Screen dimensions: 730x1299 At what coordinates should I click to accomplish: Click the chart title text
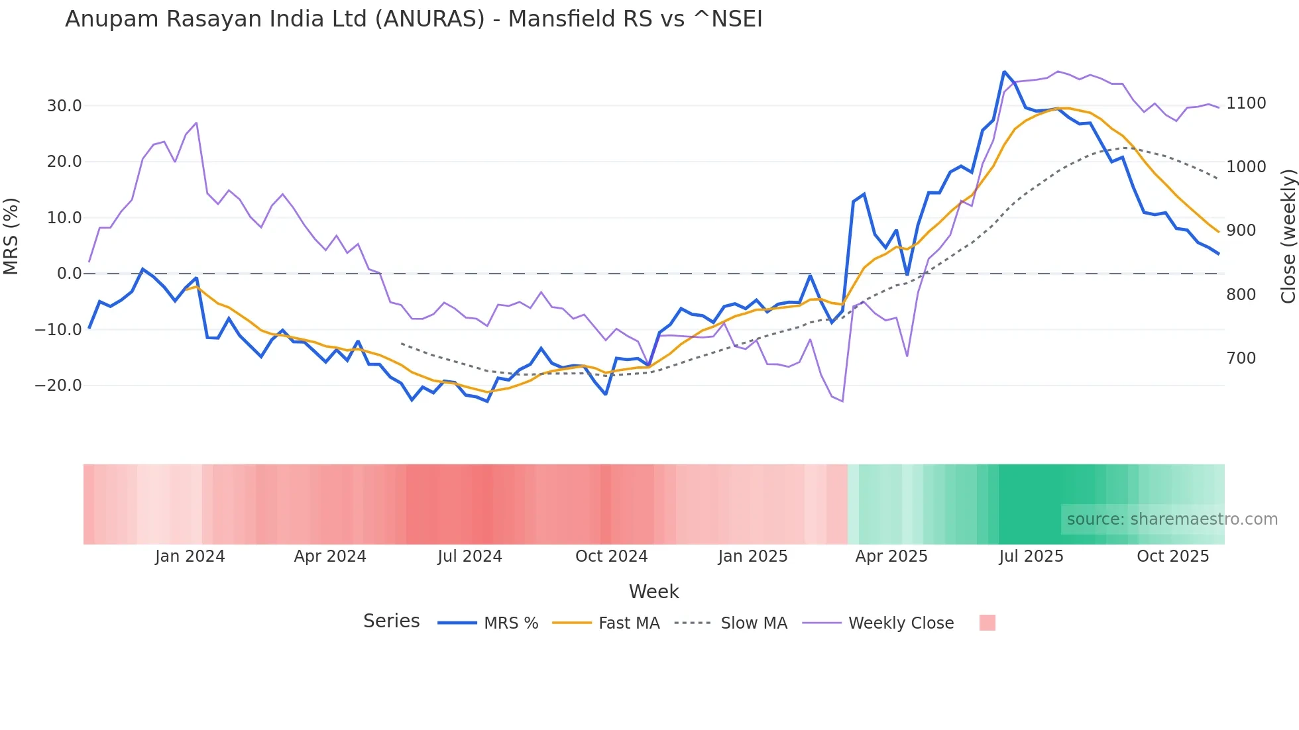coord(414,19)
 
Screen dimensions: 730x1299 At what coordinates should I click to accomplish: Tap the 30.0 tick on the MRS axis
coord(64,106)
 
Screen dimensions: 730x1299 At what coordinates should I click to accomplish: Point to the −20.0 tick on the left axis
coord(59,386)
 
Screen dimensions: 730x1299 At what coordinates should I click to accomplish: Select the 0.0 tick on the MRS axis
coord(70,274)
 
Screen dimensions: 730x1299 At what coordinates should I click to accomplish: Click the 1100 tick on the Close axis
coord(1246,103)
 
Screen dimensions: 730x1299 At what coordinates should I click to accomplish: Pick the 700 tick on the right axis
coord(1241,358)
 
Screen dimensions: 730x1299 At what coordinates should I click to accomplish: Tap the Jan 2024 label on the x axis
coord(190,556)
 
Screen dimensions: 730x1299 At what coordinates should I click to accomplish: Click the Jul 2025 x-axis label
coord(1031,556)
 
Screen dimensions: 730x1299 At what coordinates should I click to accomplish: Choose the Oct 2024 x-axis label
coord(611,556)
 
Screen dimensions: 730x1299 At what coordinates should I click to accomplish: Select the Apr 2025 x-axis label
coord(891,556)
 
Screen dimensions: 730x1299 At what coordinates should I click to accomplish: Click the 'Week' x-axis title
coord(653,592)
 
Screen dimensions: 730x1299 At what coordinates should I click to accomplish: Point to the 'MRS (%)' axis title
coord(11,236)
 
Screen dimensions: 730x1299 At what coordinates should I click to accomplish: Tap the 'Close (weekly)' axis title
coord(1288,236)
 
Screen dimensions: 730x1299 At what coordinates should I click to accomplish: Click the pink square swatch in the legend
coord(987,623)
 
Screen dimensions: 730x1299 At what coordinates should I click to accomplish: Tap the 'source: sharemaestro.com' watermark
coord(1172,519)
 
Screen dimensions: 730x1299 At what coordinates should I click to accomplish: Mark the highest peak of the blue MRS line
coord(1005,72)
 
